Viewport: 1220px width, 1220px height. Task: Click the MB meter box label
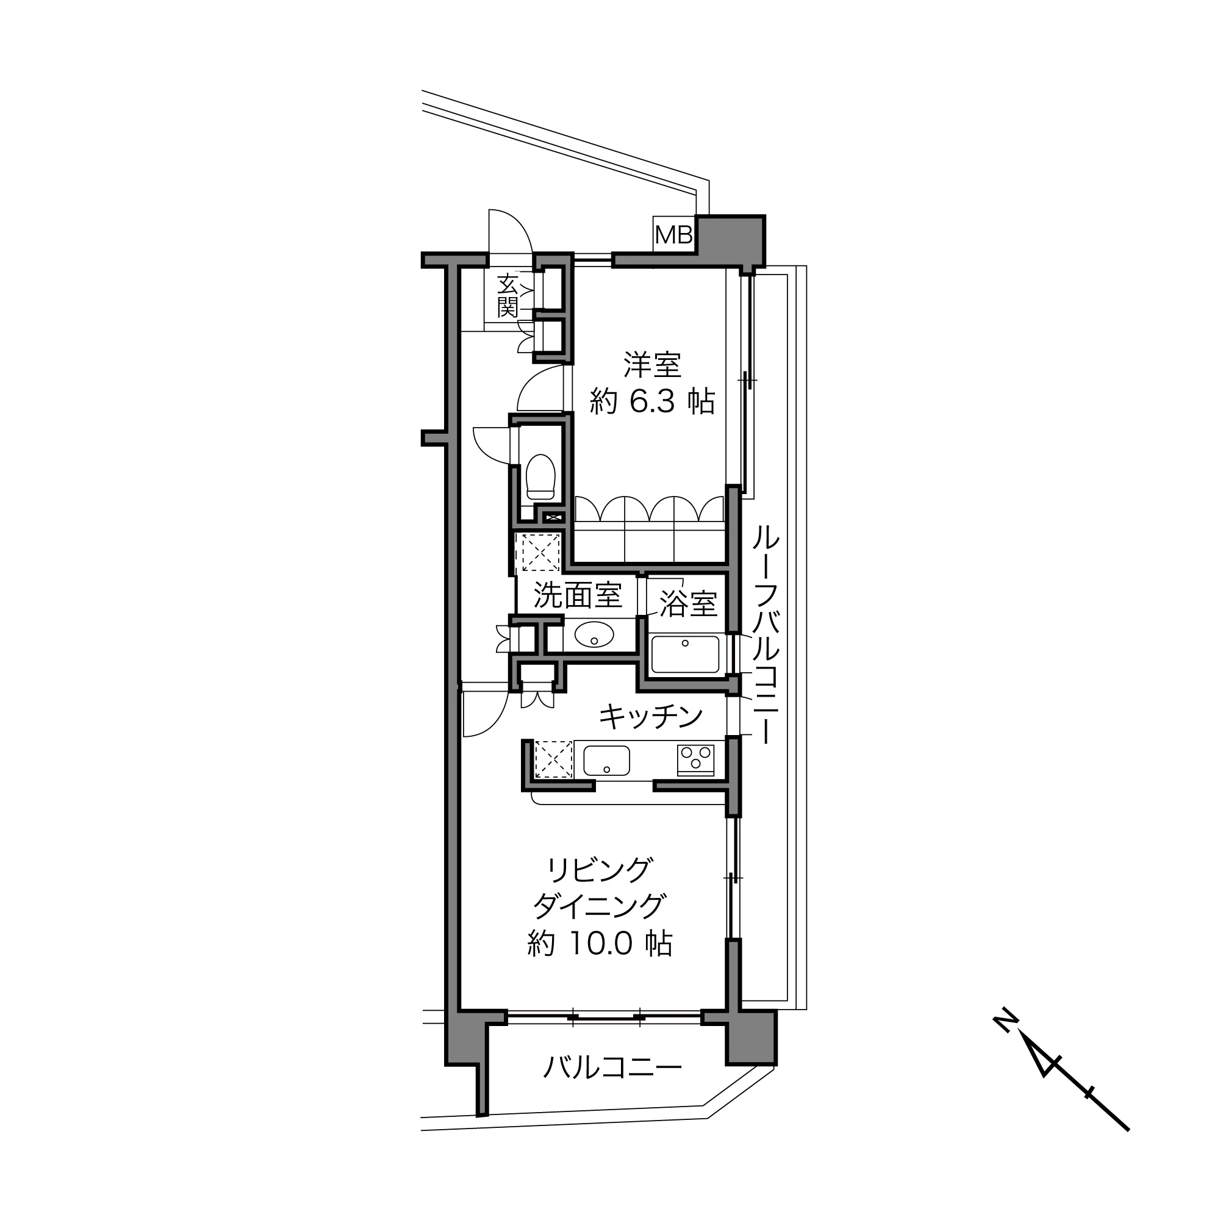coord(674,235)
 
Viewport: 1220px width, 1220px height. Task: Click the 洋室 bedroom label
coord(652,364)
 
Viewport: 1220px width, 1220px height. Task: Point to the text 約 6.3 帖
coord(652,401)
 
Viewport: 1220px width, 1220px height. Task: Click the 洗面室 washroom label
coord(578,595)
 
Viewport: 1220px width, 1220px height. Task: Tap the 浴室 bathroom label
coord(688,605)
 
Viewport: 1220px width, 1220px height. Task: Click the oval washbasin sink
coord(594,634)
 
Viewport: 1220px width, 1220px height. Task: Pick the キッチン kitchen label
coord(651,716)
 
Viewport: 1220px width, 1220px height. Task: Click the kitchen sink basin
coord(607,761)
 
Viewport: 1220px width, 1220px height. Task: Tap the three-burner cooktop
coord(696,759)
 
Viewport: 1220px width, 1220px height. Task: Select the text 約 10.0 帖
coord(600,944)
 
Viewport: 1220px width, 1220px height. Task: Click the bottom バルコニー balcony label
coord(612,1068)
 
